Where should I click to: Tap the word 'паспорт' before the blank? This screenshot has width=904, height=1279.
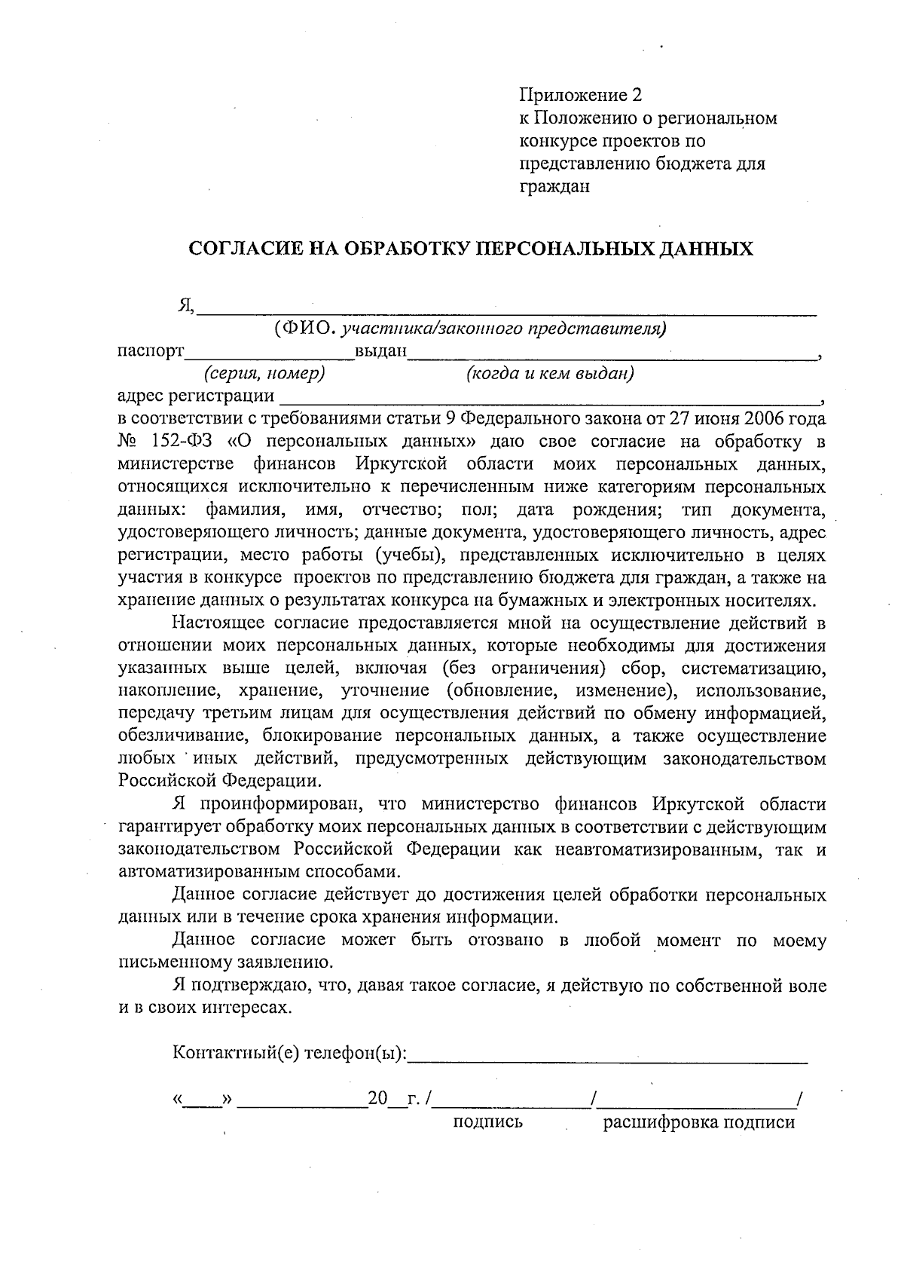pos(151,350)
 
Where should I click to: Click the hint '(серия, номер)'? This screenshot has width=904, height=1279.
pos(264,374)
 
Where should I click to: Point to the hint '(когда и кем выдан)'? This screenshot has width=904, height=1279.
pos(549,374)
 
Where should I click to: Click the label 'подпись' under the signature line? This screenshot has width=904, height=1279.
pos(487,1122)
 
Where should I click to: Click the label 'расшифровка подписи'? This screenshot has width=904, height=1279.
pos(698,1122)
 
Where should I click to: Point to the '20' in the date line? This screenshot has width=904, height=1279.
pos(377,1100)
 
